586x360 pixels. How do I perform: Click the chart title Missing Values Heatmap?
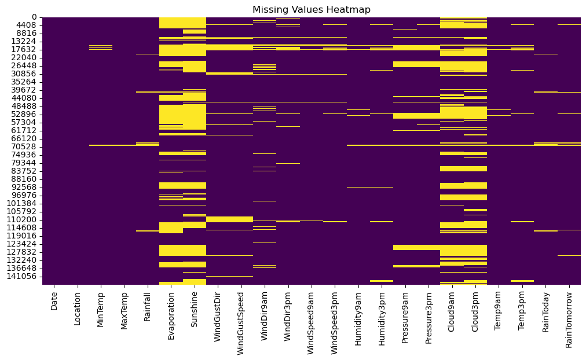(311, 10)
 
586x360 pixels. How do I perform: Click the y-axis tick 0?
(35, 17)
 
